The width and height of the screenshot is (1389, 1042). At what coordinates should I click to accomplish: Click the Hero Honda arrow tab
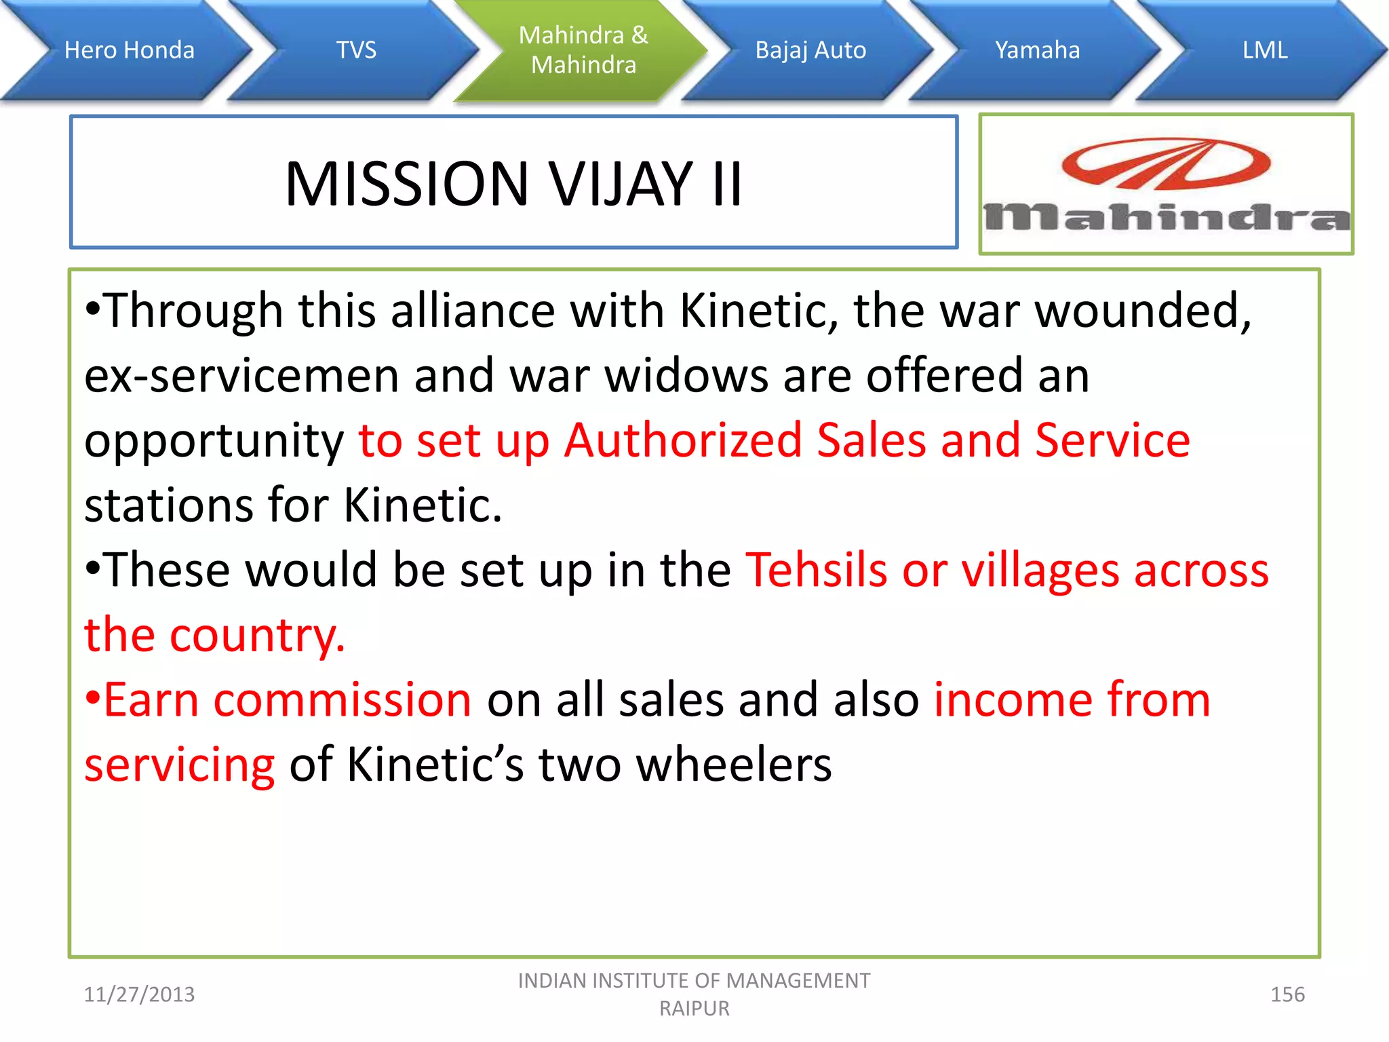[x=129, y=50]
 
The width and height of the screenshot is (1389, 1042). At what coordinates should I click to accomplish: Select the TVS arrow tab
[x=356, y=50]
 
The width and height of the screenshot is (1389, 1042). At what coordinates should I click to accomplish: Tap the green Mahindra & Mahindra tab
[x=583, y=50]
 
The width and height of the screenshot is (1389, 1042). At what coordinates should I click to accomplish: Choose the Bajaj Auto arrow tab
[x=810, y=50]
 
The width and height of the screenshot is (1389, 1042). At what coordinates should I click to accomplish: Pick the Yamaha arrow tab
[x=1037, y=50]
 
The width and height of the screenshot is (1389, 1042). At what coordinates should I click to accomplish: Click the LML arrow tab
[x=1265, y=50]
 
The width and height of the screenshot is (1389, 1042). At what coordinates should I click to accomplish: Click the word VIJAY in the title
[x=620, y=184]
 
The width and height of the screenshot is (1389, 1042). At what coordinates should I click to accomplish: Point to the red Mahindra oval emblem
[x=1166, y=163]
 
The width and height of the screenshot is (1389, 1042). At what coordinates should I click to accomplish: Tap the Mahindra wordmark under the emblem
[x=1167, y=218]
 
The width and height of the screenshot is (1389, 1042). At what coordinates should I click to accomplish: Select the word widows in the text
[x=686, y=375]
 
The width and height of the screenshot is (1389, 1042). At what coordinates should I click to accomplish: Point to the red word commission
[x=342, y=699]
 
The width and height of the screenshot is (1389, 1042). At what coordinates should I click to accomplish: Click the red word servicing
[x=179, y=765]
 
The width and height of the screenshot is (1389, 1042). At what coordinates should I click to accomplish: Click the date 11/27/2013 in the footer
[x=139, y=995]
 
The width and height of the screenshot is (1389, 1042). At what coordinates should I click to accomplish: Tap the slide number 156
[x=1287, y=995]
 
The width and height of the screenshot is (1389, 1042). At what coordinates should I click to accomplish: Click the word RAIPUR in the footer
[x=694, y=1009]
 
